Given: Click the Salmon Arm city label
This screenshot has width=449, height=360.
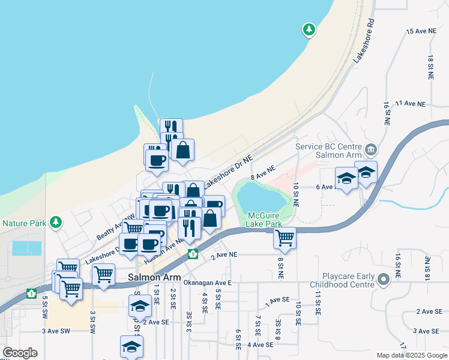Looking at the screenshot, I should tap(152, 278).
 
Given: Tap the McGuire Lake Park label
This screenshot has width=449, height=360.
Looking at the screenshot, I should tap(264, 219).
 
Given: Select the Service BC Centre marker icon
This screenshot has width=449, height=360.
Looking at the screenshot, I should tap(370, 149).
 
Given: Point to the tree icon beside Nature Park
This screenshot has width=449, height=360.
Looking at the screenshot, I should tap(56, 223).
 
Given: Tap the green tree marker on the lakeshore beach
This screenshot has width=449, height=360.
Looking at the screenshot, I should tap(309, 29).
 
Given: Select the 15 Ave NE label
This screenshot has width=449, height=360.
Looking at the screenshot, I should tap(420, 31).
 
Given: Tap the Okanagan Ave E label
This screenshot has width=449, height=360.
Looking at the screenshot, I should tap(207, 283).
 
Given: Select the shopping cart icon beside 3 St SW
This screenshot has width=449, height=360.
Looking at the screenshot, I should tap(103, 274).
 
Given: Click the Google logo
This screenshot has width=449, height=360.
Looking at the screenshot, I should tap(20, 353).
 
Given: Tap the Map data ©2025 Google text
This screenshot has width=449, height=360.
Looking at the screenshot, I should tap(412, 355).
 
